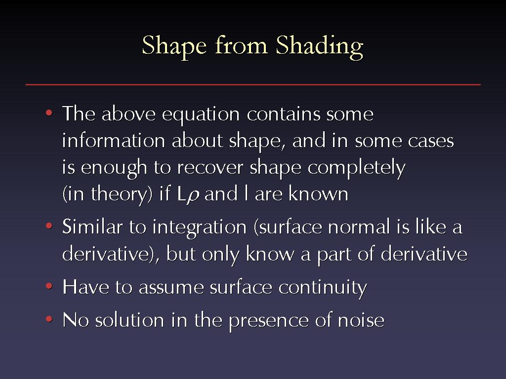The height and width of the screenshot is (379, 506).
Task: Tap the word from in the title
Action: [241, 44]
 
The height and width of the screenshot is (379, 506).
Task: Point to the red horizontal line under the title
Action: [253, 85]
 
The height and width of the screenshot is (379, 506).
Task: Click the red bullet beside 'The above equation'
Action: [49, 113]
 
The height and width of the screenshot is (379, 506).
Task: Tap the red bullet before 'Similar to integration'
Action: [49, 226]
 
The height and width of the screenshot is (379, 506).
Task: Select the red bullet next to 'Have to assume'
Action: [49, 286]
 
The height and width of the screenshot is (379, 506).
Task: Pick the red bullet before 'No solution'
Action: [49, 319]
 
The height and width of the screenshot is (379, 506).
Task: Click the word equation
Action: [201, 115]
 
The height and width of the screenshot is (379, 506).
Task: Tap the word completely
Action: [356, 168]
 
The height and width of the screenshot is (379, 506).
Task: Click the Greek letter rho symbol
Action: [193, 196]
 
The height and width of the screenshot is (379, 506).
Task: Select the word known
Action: [318, 193]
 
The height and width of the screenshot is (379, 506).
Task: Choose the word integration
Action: [200, 227]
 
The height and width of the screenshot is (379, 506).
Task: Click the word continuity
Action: [323, 288]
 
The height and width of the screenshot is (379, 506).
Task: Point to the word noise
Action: [361, 320]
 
